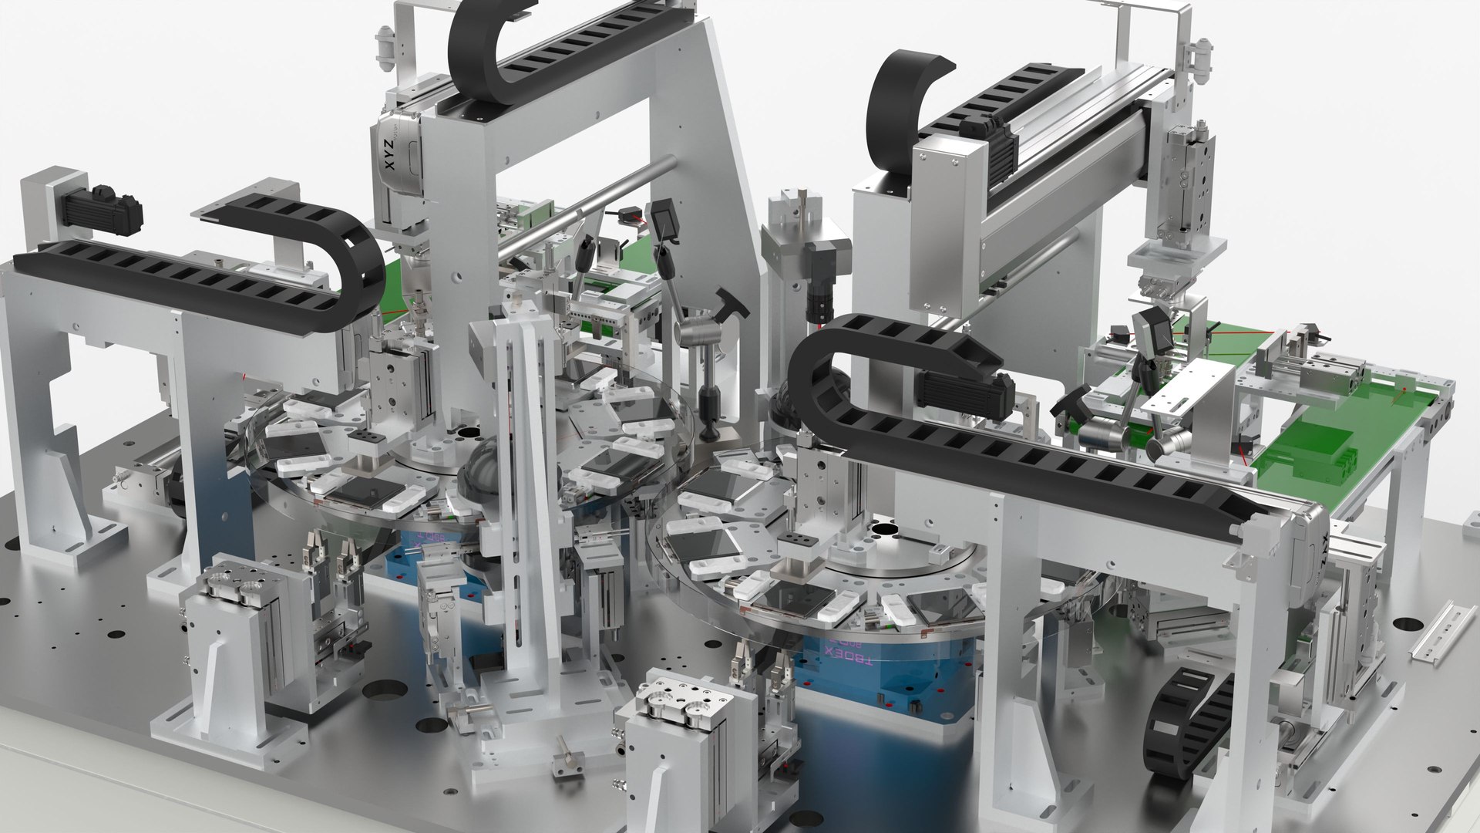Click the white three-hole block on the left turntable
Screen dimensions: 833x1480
367,440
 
